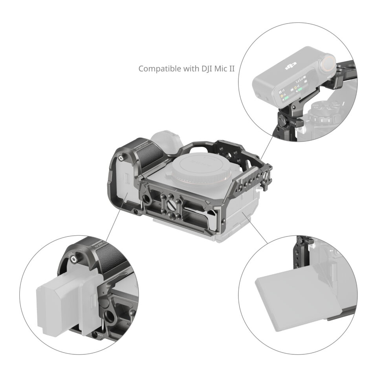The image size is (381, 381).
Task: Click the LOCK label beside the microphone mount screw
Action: [293, 123]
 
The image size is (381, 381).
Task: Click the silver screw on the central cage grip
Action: [121, 158]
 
